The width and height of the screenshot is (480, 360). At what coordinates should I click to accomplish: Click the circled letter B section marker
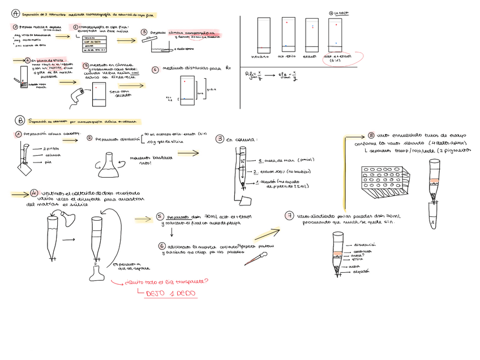[20, 121]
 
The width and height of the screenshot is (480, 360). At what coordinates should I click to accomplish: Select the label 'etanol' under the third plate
[309, 56]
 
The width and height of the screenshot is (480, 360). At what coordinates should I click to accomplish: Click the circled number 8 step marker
[371, 135]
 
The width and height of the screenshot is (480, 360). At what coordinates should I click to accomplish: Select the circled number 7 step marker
[290, 216]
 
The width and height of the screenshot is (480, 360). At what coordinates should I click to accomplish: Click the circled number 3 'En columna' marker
[220, 139]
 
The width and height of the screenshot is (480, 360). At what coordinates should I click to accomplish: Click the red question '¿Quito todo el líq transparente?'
[169, 282]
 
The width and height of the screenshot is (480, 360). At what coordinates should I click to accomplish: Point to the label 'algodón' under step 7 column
[359, 271]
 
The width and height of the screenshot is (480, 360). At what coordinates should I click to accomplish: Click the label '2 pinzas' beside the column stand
[50, 148]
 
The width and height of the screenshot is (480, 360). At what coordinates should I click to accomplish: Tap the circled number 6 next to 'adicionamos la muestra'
[162, 246]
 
